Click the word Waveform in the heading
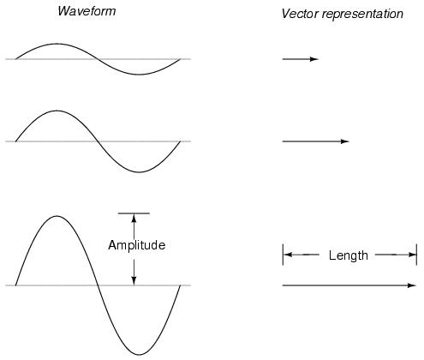(87, 11)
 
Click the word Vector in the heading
(300, 14)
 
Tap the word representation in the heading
(362, 14)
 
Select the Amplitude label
(137, 245)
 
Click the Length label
(349, 255)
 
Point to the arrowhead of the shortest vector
(314, 59)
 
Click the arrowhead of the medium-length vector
(345, 141)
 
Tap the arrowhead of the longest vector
(412, 285)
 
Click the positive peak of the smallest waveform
(57, 44)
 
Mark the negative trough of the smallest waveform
(139, 75)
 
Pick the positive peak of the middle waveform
(57, 111)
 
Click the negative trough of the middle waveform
(140, 172)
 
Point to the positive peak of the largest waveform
(57, 216)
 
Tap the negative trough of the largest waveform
(139, 355)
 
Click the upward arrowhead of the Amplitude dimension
(134, 218)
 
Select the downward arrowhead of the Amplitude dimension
(134, 281)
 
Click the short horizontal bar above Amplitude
(134, 213)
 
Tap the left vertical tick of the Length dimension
(283, 255)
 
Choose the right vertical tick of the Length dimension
(416, 255)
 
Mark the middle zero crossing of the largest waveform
(98, 285)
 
